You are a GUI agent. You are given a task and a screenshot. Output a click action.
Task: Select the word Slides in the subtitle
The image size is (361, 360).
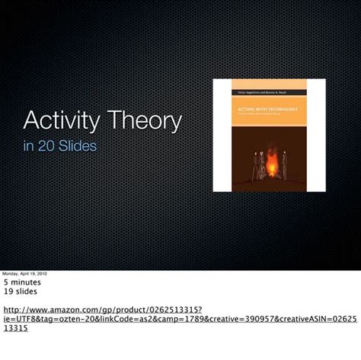[x=78, y=145]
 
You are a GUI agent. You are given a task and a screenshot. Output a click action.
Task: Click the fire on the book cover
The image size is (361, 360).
[x=270, y=161]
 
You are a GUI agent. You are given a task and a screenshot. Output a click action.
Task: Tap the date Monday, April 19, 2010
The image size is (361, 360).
[x=24, y=273]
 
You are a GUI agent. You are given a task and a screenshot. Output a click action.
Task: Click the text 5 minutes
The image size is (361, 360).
[x=24, y=282]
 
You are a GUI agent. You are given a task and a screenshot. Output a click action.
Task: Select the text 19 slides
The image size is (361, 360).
[x=21, y=291]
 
